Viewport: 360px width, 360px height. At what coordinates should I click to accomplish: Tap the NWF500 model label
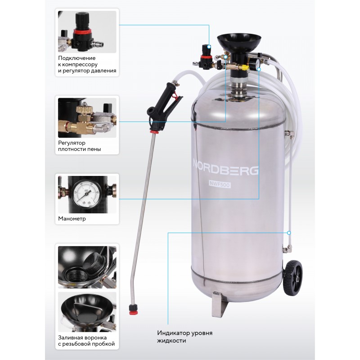tap(220, 184)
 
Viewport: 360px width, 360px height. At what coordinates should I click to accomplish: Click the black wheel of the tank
tap(293, 278)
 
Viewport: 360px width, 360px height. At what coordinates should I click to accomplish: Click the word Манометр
tap(72, 219)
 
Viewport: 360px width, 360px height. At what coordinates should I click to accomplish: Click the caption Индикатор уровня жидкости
tap(184, 337)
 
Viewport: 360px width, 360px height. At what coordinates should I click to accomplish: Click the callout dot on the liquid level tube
tap(289, 233)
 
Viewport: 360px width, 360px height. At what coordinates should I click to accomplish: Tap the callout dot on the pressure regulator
tap(209, 47)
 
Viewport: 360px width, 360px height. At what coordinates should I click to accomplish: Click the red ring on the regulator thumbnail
tap(82, 31)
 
